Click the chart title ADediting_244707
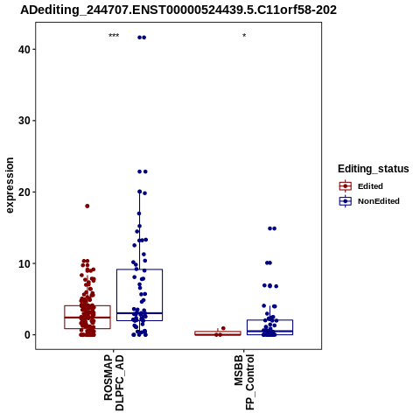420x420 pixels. click(178, 10)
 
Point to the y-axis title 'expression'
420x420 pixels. click(10, 185)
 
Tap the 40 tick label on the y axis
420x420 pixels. click(24, 49)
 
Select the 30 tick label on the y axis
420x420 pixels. click(24, 121)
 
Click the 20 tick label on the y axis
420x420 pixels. click(24, 192)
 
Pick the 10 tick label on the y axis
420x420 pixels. click(24, 263)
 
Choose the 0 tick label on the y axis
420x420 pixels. click(27, 335)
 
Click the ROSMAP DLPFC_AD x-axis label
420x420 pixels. click(114, 382)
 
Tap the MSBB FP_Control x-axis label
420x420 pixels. click(244, 382)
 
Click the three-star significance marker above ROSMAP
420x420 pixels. click(114, 36)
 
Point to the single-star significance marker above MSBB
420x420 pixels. click(244, 36)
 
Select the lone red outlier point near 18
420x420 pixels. click(87, 206)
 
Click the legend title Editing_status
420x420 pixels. click(374, 169)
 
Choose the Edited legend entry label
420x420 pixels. click(370, 186)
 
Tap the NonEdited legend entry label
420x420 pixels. click(379, 201)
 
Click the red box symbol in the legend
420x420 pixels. click(346, 186)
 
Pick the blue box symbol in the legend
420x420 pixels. click(346, 201)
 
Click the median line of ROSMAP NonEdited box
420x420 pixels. click(139, 313)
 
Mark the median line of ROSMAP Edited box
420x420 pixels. click(87, 318)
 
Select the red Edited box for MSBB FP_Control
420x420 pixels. click(218, 333)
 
